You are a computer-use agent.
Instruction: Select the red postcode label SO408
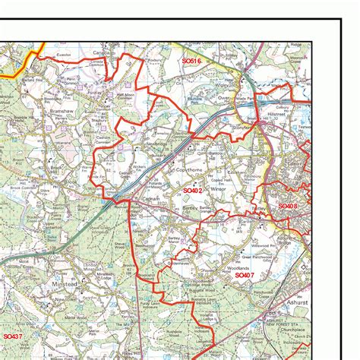pyautogui.click(x=289, y=206)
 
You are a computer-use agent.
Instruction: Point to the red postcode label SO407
pyautogui.click(x=245, y=276)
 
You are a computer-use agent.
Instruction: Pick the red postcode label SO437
pyautogui.click(x=13, y=336)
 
